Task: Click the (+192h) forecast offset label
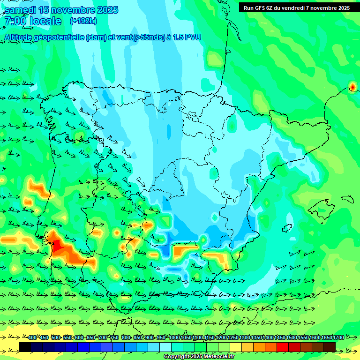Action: coord(83,21)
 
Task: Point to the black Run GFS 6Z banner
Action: coord(296,7)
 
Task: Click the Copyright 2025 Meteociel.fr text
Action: coord(199,357)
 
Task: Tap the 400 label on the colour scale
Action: coord(32,337)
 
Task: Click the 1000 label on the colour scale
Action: coord(174,337)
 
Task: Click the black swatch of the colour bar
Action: coord(25,347)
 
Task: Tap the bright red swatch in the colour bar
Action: coord(283,347)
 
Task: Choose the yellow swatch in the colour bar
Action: coord(236,347)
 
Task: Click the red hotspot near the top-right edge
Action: coord(352,87)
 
